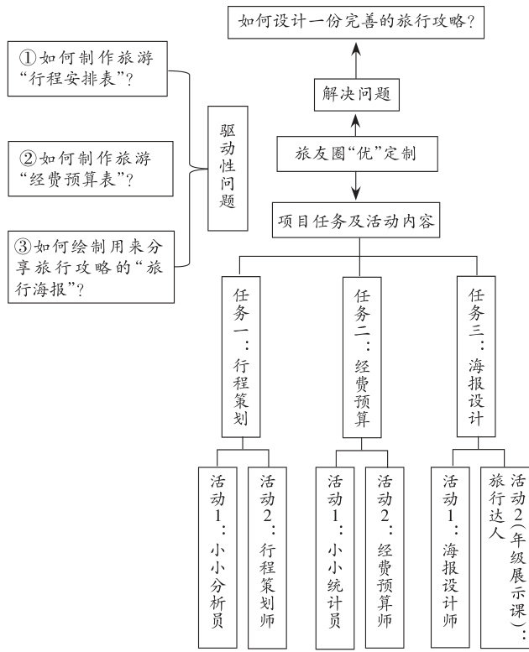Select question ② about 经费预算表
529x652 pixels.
(x=91, y=168)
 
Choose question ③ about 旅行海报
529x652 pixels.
(x=91, y=267)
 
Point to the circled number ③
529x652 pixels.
(x=24, y=248)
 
